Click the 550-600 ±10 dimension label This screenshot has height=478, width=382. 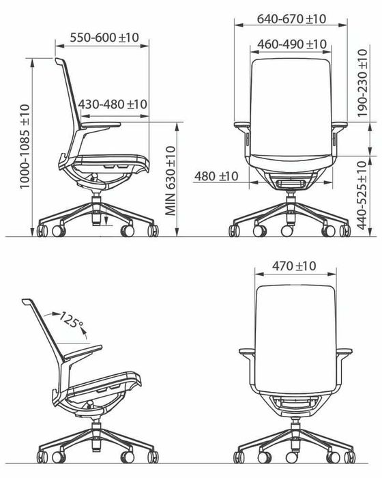click(x=104, y=38)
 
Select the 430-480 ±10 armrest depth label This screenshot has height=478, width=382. click(x=113, y=104)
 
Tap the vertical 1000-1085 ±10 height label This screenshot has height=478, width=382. click(x=25, y=146)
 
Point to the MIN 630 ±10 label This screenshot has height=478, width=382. click(x=171, y=181)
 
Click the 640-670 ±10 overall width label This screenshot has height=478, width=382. click(x=291, y=19)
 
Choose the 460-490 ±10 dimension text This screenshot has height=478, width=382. click(x=292, y=44)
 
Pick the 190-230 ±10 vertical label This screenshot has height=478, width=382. click(x=362, y=83)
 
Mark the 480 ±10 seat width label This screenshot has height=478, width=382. click(x=216, y=176)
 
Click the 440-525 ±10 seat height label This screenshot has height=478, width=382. click(x=362, y=195)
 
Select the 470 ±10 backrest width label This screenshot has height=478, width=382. click(x=294, y=266)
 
